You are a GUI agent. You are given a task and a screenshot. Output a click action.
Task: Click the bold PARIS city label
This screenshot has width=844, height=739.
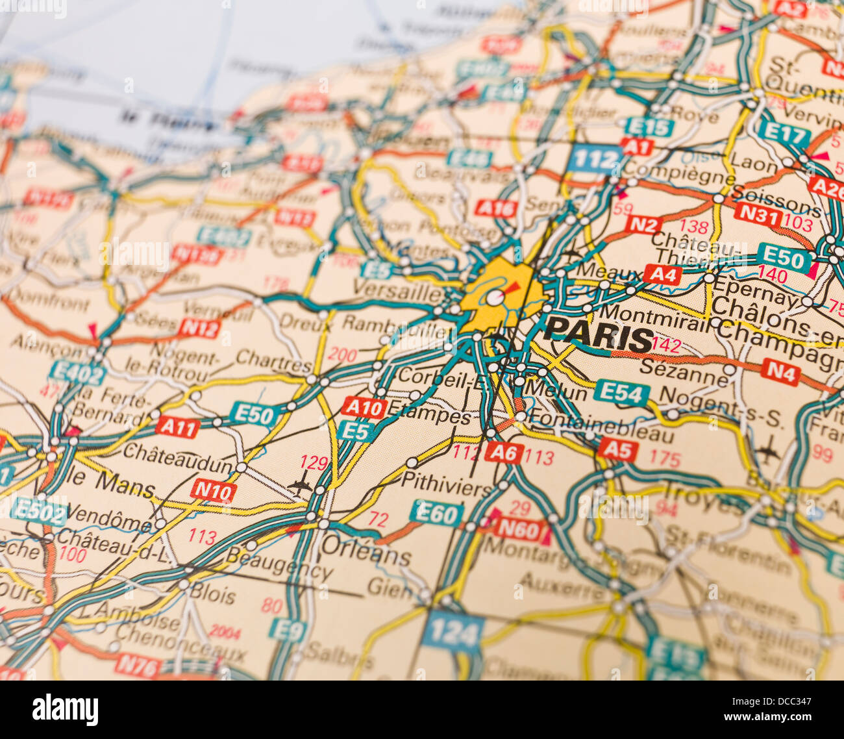[x=599, y=338]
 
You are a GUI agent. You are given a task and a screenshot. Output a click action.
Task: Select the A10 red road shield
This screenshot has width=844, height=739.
[x=364, y=407]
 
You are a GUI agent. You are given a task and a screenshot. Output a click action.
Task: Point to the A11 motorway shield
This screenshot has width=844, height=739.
[x=177, y=427]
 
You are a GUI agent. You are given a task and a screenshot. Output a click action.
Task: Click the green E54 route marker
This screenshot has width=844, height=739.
[x=621, y=392]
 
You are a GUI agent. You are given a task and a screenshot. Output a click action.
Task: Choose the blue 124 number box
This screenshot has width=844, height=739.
[x=453, y=631]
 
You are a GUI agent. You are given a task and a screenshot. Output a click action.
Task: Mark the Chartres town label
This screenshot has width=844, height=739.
[x=273, y=358]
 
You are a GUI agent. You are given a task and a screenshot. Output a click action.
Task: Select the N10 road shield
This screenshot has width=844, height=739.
[x=214, y=492]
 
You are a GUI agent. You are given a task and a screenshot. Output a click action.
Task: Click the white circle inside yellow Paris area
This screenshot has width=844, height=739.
[x=495, y=298]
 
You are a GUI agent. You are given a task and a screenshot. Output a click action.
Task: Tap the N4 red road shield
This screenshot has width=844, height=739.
[x=780, y=371]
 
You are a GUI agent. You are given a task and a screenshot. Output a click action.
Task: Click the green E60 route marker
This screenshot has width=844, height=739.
[x=436, y=513]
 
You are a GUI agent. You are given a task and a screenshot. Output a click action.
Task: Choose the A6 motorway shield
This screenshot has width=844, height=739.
[x=503, y=452]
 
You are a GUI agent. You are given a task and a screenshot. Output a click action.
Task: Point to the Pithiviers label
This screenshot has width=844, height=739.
[x=447, y=485]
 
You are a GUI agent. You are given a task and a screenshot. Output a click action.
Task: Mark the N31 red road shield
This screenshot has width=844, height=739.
[x=758, y=214]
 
